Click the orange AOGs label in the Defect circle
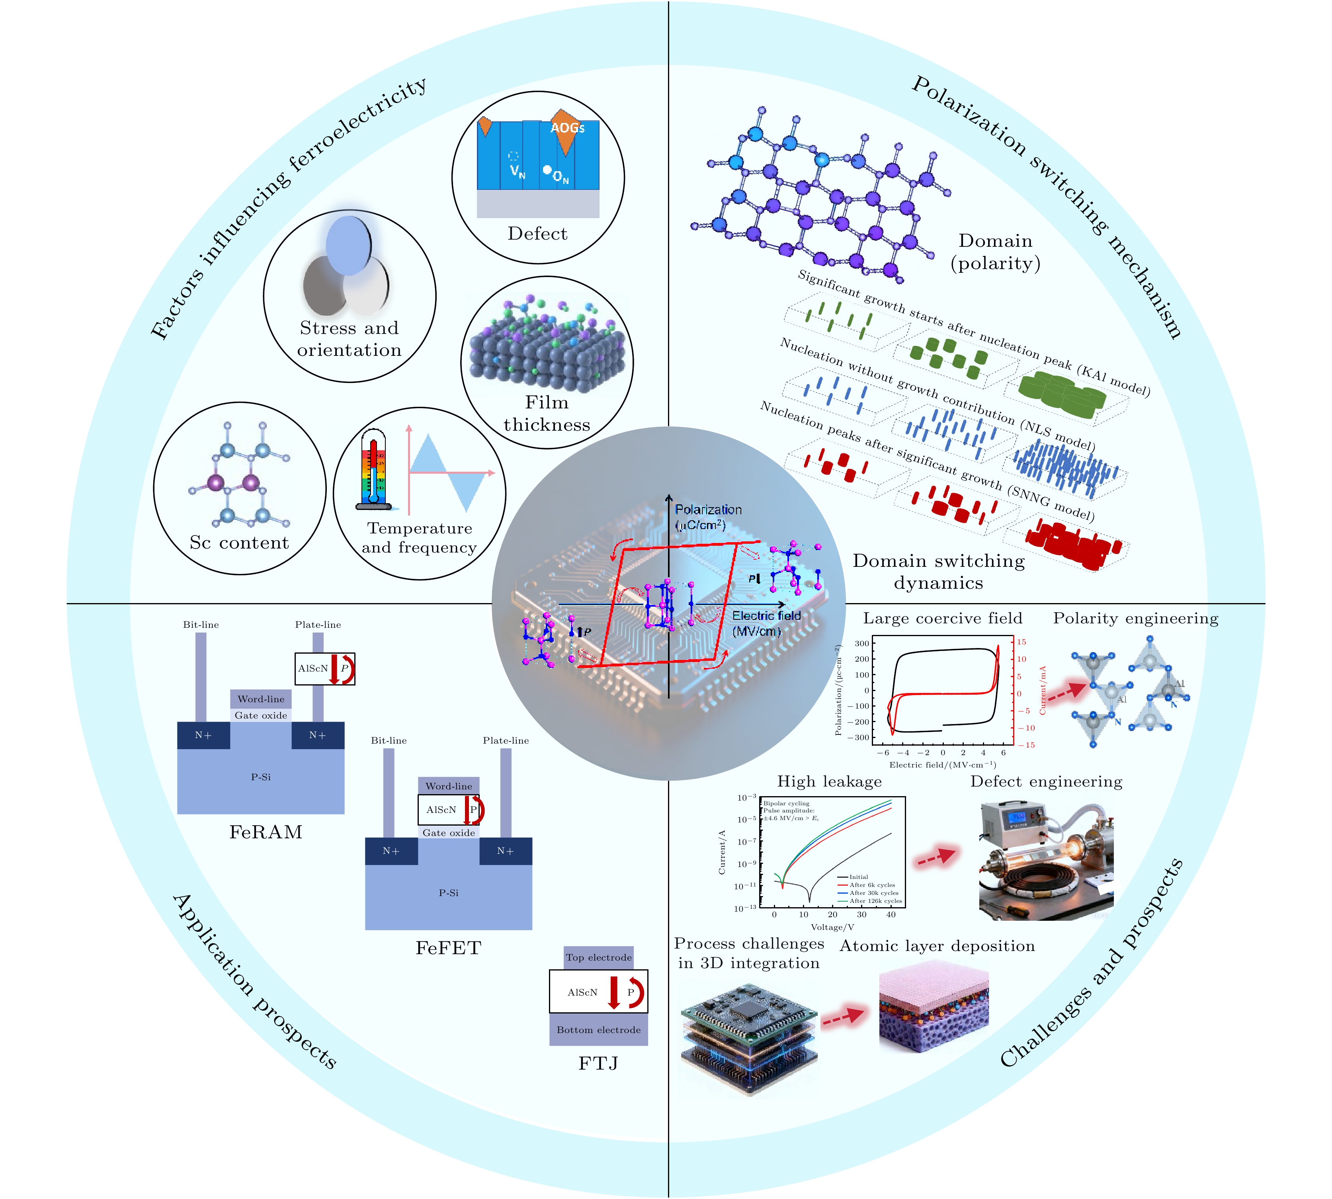tap(567, 128)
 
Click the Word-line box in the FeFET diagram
tap(449, 786)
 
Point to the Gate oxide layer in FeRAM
tap(261, 715)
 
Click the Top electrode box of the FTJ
tap(598, 957)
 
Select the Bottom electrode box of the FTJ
tap(598, 1030)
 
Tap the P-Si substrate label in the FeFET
tap(449, 892)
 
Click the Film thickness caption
tap(546, 414)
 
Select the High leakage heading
tap(829, 781)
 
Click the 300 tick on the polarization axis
tap(861, 644)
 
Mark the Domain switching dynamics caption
tap(939, 572)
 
